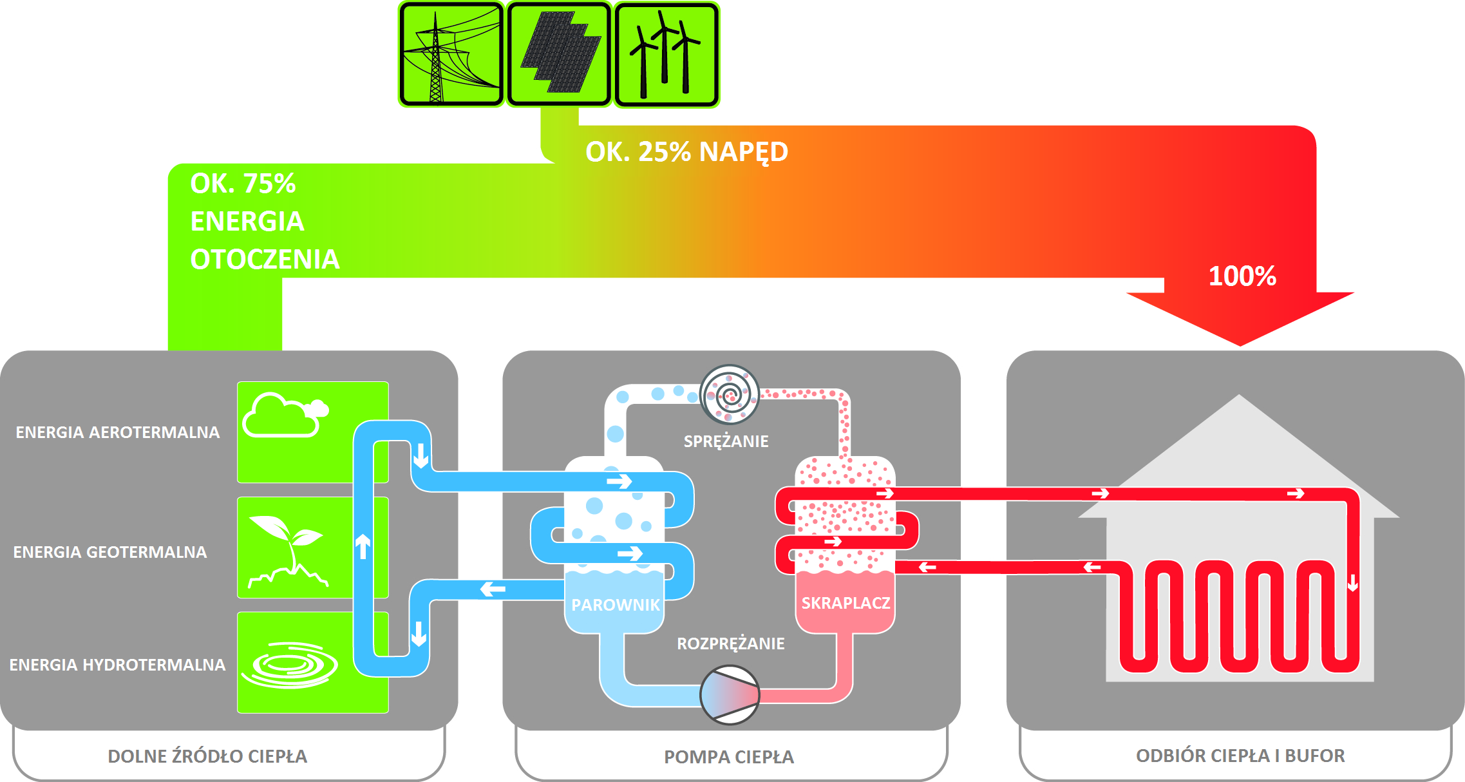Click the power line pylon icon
pos(451,54)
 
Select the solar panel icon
pos(559,54)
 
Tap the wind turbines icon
pos(666,54)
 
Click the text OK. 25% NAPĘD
pos(686,152)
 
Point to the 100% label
pos(1242,276)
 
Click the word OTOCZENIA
pos(265,259)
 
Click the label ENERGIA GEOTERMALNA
pos(110,552)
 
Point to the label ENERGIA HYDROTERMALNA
pos(117,665)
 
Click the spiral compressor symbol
pos(730,394)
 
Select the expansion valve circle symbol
pos(730,695)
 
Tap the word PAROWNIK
pos(616,605)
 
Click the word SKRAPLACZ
pos(846,603)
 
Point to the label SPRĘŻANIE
pos(726,441)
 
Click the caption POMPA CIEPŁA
pos(729,757)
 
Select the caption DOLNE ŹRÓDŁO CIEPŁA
pos(207,756)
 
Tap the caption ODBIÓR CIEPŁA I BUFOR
pos(1240,756)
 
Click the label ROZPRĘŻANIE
pos(731,644)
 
